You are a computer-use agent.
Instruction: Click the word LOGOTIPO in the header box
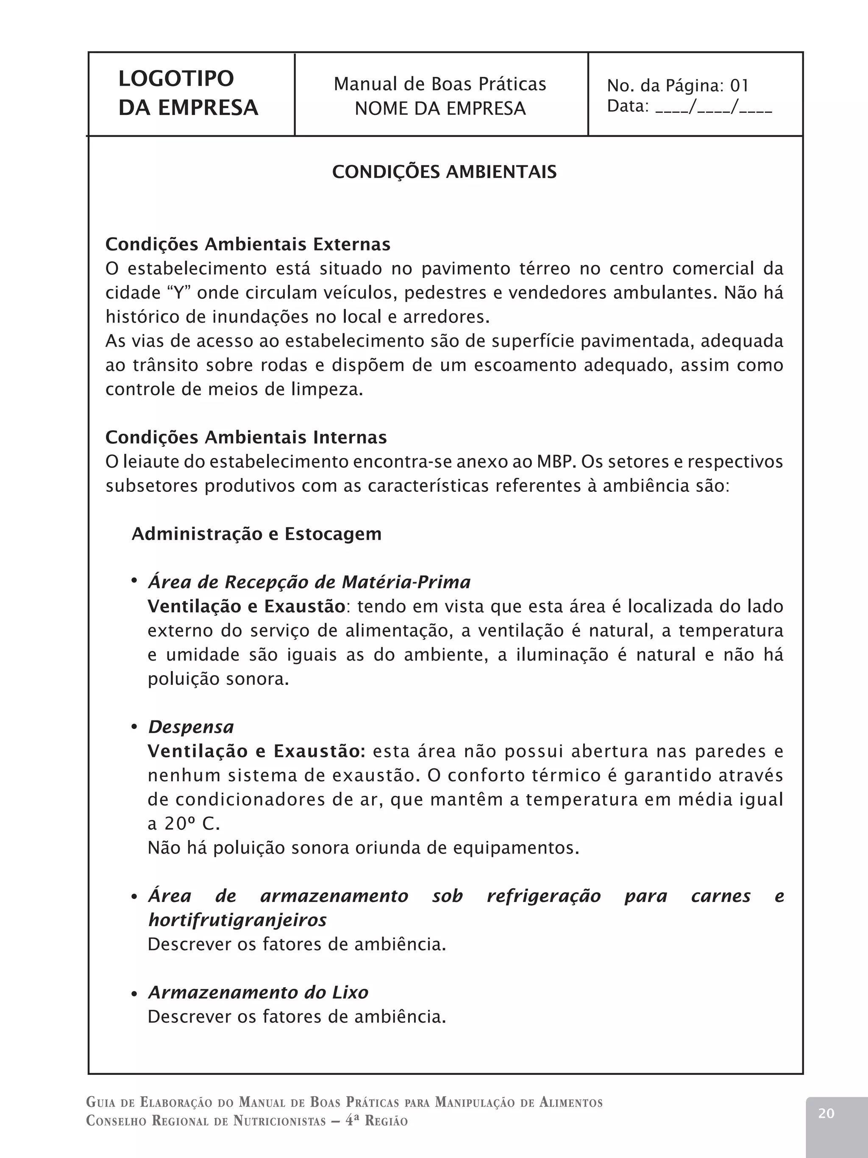coord(176,79)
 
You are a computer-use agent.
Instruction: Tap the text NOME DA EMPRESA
coord(440,109)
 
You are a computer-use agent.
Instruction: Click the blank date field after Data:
coord(713,107)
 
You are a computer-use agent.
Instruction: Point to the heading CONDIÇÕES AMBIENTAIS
coord(444,172)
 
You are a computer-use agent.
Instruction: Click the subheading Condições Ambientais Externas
coord(248,245)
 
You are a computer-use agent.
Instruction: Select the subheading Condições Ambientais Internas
coord(246,437)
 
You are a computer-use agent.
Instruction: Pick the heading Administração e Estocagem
coord(256,534)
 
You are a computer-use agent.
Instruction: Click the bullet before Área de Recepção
coord(134,580)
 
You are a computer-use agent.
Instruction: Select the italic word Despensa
coord(191,727)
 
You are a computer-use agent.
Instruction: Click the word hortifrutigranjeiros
coord(237,920)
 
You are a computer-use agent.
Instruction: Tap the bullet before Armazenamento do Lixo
coord(134,993)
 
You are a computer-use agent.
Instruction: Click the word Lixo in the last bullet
coord(350,993)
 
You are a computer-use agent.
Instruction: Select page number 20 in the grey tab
coord(826,1113)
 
